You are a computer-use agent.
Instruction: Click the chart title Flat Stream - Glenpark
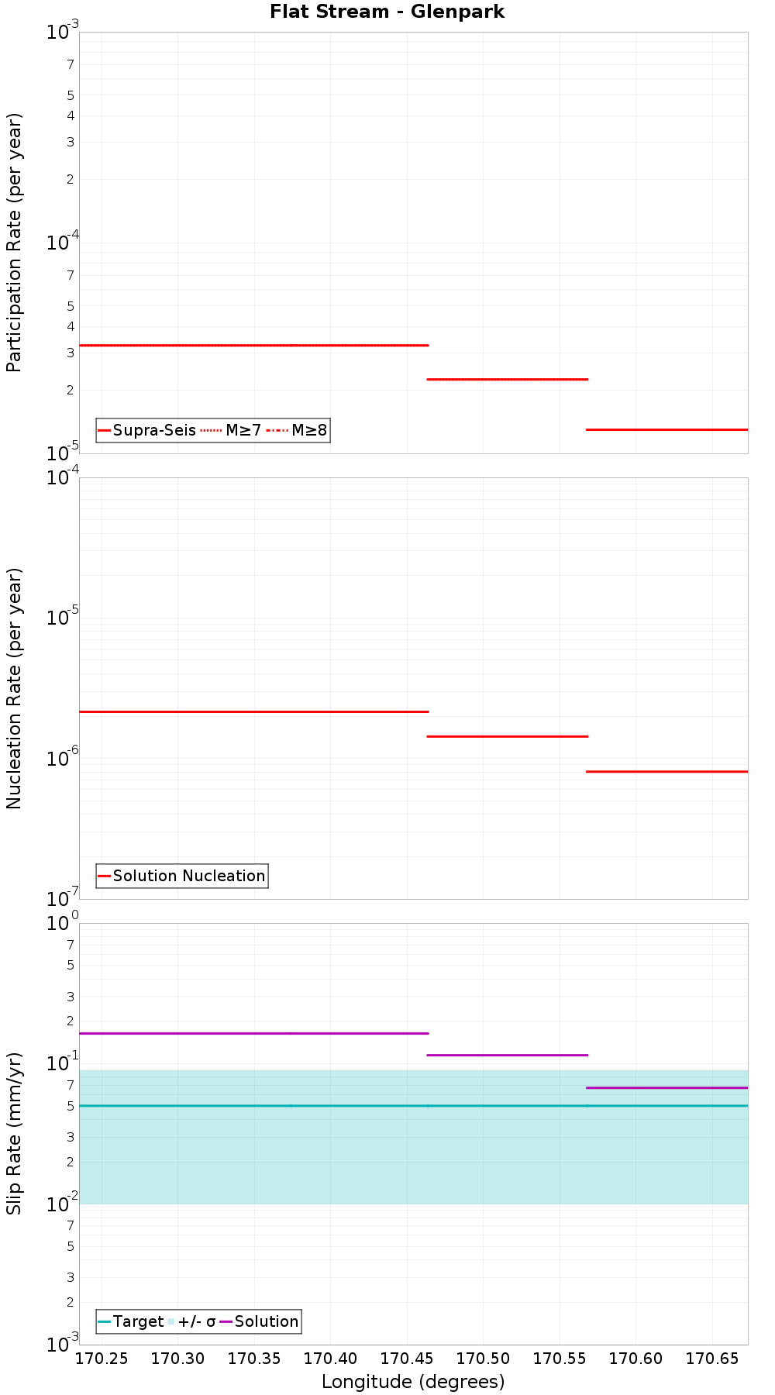coord(387,12)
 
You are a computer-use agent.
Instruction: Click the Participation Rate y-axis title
coord(14,243)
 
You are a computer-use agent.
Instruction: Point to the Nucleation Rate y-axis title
coord(14,688)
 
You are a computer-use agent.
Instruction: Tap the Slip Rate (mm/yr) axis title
coord(14,1133)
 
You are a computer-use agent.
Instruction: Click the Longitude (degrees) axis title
coord(413,1382)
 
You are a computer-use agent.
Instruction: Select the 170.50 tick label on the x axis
coord(482,1359)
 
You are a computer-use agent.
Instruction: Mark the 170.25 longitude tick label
coord(102,1359)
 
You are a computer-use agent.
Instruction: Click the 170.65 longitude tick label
coord(711,1359)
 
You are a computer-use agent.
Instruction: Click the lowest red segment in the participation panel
coord(666,429)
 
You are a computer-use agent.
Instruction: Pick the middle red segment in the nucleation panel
coord(508,736)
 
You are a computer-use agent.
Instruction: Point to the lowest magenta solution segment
coord(666,1088)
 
